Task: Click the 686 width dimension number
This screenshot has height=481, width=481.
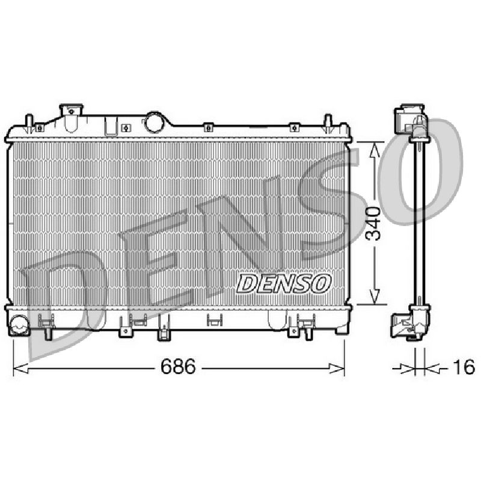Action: click(178, 366)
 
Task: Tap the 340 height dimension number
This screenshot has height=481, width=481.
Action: click(374, 223)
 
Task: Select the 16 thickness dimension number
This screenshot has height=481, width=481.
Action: click(464, 367)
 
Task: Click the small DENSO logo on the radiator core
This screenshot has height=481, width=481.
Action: click(284, 283)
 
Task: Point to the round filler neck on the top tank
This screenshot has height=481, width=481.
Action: click(155, 122)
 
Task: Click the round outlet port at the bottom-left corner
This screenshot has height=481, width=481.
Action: click(20, 325)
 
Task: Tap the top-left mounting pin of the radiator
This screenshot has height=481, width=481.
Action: click(29, 123)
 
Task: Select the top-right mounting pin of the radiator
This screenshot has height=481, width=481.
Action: click(328, 123)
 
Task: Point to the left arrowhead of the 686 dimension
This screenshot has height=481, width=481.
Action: click(20, 368)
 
